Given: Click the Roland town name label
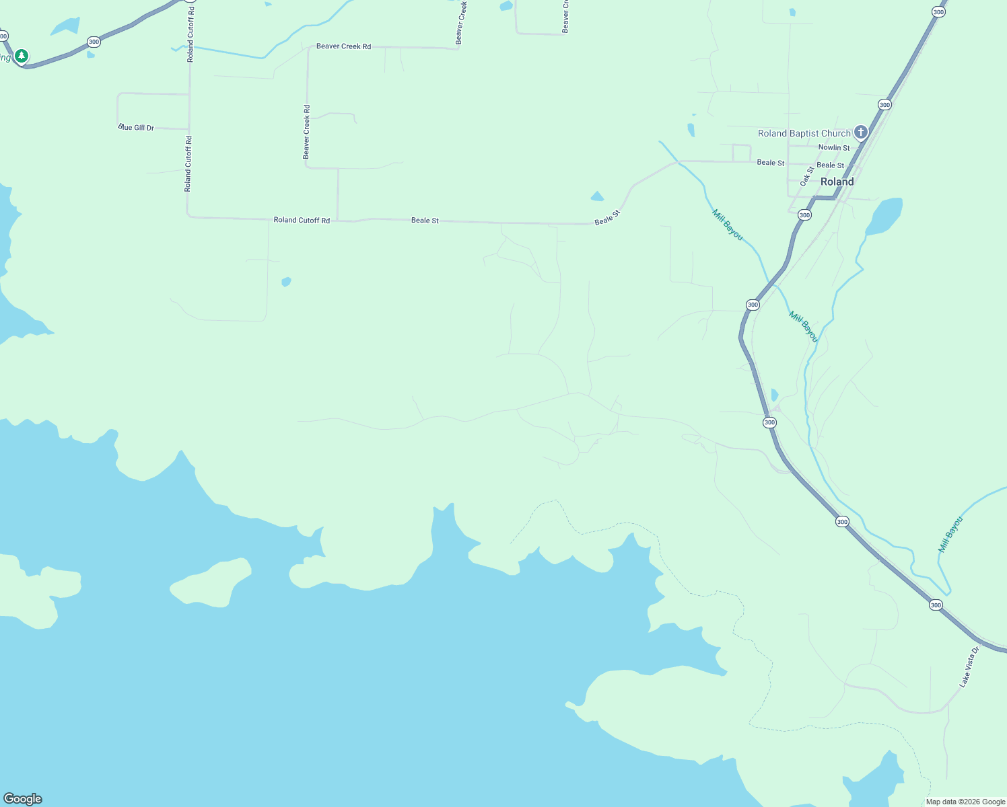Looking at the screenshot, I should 837,182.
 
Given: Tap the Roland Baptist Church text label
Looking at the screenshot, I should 804,133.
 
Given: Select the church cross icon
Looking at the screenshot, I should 860,132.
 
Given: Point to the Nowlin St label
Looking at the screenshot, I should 833,147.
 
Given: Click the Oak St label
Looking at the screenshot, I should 806,176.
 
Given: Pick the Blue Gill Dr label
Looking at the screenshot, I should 137,127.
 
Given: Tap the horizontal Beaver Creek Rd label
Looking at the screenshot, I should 343,46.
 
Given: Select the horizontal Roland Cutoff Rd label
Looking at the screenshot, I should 302,220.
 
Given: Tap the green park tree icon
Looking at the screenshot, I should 22,55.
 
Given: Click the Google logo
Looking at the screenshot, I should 22,799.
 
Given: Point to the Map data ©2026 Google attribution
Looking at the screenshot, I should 965,802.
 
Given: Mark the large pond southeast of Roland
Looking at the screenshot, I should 883,217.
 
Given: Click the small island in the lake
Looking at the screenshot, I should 211,581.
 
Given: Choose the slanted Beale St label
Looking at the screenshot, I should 606,217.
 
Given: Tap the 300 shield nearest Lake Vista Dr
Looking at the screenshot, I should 936,605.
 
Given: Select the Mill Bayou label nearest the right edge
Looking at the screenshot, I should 950,534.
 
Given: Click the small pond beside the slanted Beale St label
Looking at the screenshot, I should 596,196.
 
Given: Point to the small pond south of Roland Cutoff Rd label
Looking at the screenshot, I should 286,282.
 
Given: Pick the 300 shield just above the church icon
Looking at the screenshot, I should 884,105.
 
